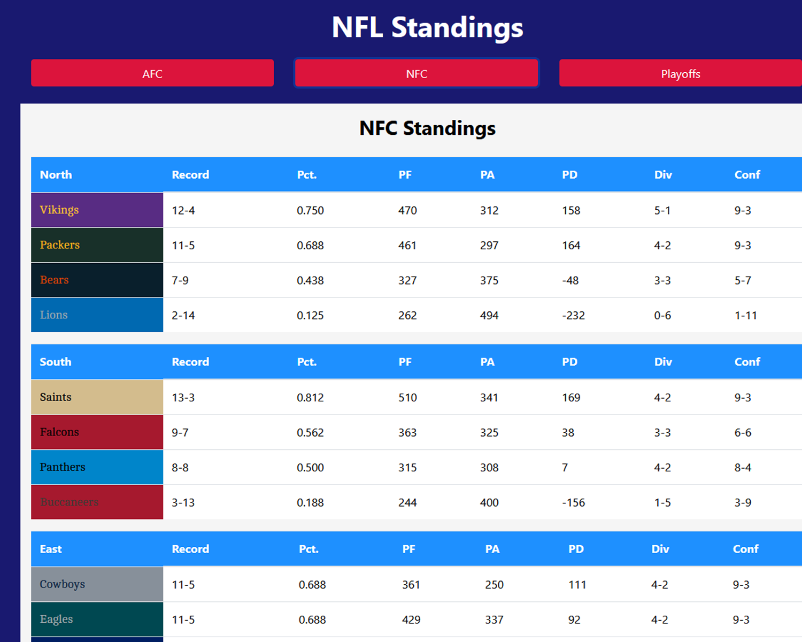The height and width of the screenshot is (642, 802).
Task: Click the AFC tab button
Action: (152, 73)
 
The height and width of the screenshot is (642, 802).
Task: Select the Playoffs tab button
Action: (680, 73)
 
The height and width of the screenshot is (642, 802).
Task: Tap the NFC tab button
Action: (417, 73)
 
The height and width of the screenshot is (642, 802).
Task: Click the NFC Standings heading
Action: (427, 128)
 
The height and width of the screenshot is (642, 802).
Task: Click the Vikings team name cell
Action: (97, 210)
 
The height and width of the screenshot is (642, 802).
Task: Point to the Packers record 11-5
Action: (183, 246)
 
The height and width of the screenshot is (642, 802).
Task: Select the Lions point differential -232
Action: (573, 316)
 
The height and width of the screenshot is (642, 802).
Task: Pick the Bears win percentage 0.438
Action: (310, 280)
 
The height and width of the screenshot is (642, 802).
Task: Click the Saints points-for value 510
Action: (407, 398)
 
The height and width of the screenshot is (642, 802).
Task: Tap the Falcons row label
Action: (97, 432)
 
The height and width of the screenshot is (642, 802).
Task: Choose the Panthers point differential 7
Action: (565, 468)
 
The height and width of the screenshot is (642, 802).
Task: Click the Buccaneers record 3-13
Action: (183, 503)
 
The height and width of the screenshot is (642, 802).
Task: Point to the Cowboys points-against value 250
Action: (494, 585)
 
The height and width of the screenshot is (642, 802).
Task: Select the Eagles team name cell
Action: (97, 619)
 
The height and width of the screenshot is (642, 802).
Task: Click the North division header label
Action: (56, 175)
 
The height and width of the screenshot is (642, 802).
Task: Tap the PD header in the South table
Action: (569, 362)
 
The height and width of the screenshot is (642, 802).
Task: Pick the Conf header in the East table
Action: (745, 549)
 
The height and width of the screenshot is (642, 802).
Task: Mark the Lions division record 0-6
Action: (662, 316)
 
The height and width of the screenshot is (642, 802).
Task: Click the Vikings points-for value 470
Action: (407, 210)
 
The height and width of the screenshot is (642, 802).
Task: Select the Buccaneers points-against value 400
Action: (489, 503)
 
